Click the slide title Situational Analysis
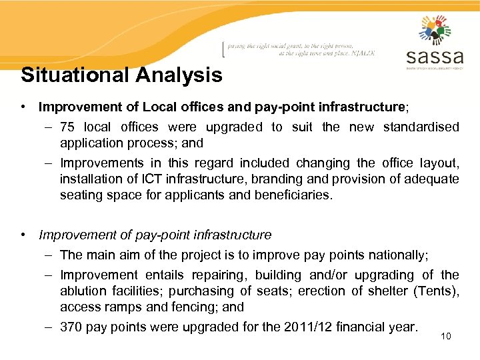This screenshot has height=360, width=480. [121, 75]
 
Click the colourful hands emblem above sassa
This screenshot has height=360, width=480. [435, 29]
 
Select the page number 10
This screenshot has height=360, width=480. [446, 336]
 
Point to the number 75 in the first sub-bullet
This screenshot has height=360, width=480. [67, 127]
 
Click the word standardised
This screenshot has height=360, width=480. [421, 127]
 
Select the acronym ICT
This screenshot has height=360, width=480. [150, 179]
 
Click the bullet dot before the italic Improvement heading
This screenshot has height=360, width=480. [24, 235]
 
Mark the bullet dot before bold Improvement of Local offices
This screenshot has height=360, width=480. [24, 107]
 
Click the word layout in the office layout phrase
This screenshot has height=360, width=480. [441, 163]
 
